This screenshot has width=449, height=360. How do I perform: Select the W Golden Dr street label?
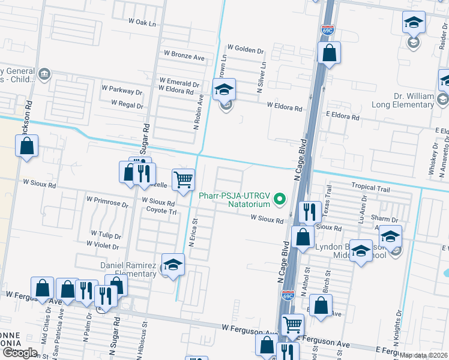pos(245,49)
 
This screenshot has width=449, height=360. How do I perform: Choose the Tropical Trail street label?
pos(370,188)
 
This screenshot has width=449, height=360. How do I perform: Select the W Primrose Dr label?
pos(107,200)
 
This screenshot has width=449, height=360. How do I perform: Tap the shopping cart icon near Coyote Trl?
pos(183,179)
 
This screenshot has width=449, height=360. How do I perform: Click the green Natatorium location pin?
pos(279,199)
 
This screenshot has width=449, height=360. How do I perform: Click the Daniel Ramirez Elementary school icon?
pos(173,265)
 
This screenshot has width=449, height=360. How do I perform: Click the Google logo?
pos(19,353)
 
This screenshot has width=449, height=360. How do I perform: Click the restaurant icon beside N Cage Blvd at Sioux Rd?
pos(309,212)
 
